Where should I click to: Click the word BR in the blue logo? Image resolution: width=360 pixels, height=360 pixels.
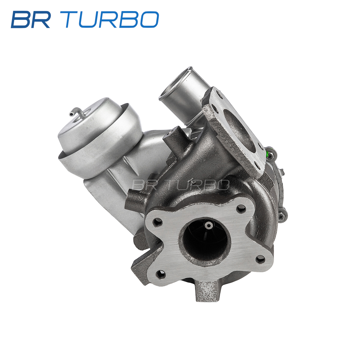tap(31, 19)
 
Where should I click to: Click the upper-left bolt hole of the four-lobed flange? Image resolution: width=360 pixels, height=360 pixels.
tap(157, 223)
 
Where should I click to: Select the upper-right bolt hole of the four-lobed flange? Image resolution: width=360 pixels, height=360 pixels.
tap(241, 209)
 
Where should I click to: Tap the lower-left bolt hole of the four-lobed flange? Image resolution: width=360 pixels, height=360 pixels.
tap(160, 274)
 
